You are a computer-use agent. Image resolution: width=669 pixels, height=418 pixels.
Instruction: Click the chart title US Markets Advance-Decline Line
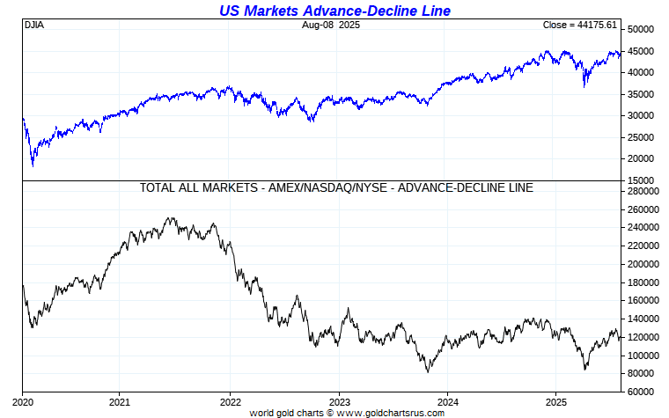pos(334,11)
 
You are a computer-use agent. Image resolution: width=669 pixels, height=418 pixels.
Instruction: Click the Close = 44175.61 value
pos(582,26)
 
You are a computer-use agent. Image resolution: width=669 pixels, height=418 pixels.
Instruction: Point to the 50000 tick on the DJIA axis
pos(641,29)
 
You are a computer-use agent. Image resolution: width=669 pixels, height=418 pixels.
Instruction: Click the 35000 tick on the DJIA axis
pos(641,94)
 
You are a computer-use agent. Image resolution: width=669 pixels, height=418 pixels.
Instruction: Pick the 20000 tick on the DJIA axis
pos(641,159)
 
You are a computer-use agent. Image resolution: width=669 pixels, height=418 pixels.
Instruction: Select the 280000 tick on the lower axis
pos(643,191)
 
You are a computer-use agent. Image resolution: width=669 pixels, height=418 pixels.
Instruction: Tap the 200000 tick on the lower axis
pos(643,264)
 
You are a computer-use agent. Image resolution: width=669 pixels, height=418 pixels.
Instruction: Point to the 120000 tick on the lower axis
pos(643,337)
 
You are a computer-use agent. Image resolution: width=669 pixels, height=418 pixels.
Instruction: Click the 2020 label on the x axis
pos(23,400)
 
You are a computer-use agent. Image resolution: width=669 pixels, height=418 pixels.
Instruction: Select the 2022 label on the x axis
pos(230,400)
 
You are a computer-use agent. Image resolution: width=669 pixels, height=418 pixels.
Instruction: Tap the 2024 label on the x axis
pos(447,400)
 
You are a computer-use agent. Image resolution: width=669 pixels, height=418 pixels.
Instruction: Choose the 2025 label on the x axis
pos(555,400)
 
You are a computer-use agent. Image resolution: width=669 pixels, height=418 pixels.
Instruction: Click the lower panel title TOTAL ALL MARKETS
pos(335,187)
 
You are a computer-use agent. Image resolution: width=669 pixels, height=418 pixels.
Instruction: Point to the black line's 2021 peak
pos(170,218)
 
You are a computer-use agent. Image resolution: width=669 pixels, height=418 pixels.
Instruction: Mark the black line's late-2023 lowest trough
pos(428,371)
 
